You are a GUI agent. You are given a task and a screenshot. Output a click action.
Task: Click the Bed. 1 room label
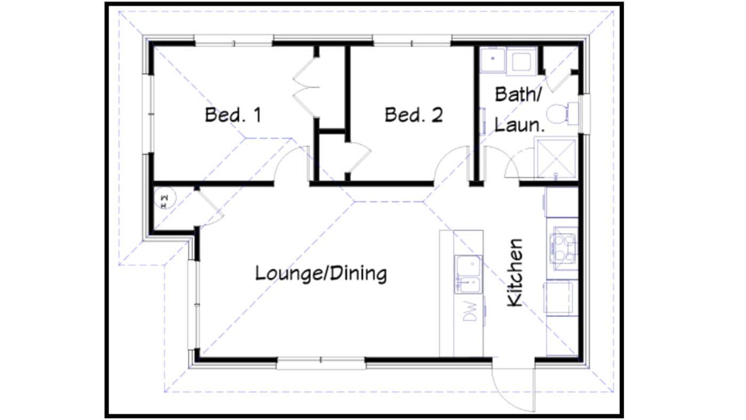click(x=233, y=115)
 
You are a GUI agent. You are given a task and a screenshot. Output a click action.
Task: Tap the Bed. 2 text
click(x=413, y=115)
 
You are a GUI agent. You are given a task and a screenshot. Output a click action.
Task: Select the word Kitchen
click(x=515, y=272)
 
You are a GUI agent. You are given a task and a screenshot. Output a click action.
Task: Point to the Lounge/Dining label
click(x=321, y=274)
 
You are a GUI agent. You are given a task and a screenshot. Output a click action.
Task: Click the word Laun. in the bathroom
click(x=519, y=126)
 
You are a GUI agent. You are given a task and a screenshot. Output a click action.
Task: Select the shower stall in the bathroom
click(x=556, y=158)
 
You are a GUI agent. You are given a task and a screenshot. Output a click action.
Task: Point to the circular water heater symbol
click(x=165, y=200)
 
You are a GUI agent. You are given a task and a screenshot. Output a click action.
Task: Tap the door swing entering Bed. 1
click(x=291, y=164)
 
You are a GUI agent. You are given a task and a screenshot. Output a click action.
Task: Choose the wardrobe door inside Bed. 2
click(x=359, y=158)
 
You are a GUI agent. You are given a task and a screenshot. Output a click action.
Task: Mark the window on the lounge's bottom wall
click(x=321, y=363)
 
